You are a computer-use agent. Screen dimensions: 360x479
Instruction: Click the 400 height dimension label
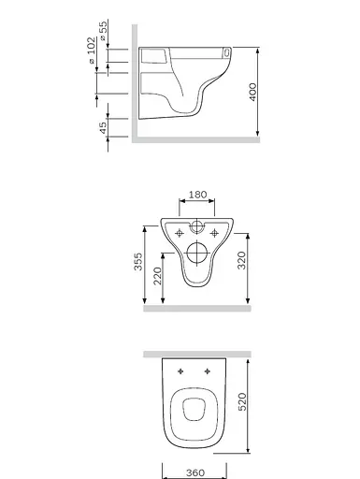pyautogui.click(x=252, y=92)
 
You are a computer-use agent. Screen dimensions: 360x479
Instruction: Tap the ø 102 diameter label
pyautogui.click(x=92, y=51)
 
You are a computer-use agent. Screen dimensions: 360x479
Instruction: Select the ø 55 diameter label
pyautogui.click(x=103, y=30)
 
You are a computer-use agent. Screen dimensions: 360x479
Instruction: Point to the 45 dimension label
pyautogui.click(x=103, y=128)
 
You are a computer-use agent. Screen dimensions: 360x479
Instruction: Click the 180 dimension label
pyautogui.click(x=197, y=195)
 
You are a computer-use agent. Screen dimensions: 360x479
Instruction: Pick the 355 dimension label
pyautogui.click(x=138, y=261)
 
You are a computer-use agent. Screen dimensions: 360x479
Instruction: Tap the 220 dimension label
pyautogui.click(x=158, y=276)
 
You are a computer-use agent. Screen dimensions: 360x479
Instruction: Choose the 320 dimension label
pyautogui.click(x=242, y=260)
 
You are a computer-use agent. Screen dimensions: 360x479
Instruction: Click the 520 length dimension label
pyautogui.click(x=242, y=401)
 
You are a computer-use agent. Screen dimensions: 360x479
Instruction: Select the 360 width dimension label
pyautogui.click(x=195, y=472)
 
